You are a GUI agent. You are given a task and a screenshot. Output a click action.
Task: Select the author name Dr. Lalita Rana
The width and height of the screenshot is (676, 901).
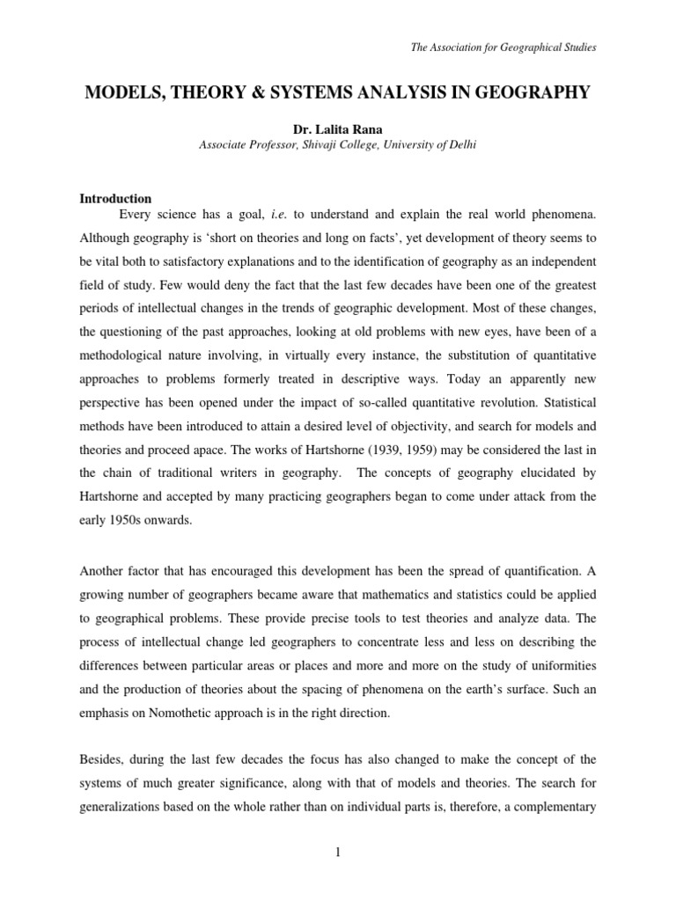(x=338, y=130)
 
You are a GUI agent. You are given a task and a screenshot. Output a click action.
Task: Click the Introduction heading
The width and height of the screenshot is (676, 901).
(x=116, y=199)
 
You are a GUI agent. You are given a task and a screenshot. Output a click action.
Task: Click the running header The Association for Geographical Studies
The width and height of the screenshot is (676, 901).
(x=503, y=47)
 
